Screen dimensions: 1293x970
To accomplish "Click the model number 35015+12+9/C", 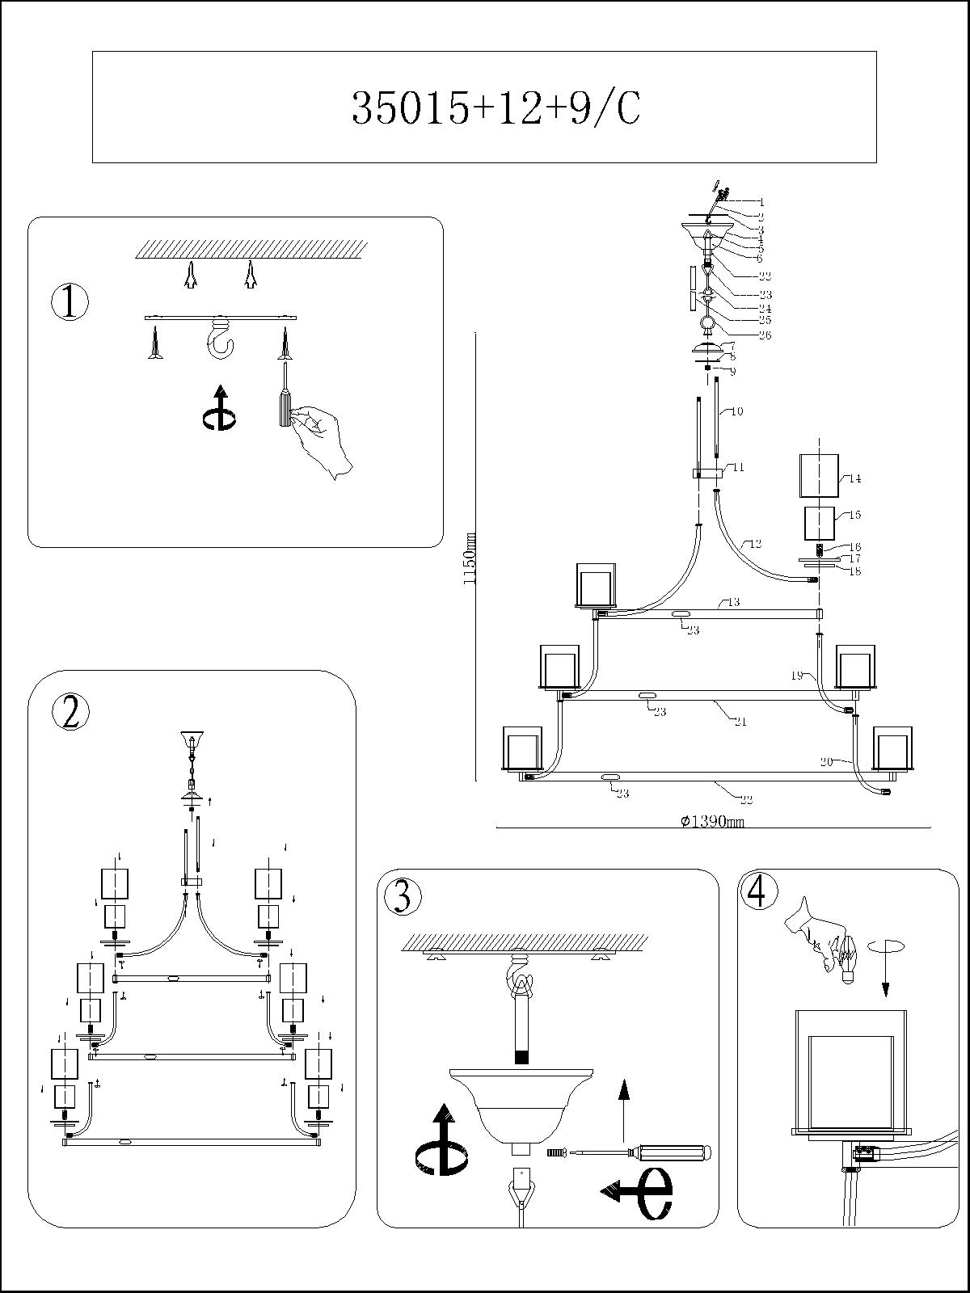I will click(496, 108).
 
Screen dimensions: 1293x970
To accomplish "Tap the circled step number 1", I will click(70, 302).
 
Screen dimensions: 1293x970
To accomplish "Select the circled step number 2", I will click(70, 712).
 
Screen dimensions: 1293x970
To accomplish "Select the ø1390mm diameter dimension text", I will click(711, 822).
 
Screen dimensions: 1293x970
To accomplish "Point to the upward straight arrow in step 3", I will click(623, 1108).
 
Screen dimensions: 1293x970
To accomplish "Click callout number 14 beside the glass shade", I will click(854, 478).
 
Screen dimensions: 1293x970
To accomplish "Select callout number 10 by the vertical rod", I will click(736, 411).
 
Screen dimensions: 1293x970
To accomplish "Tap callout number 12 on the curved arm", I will click(755, 545).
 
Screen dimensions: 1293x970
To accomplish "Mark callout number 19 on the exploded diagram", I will click(796, 675).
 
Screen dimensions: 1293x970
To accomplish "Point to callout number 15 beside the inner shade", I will click(854, 515).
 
